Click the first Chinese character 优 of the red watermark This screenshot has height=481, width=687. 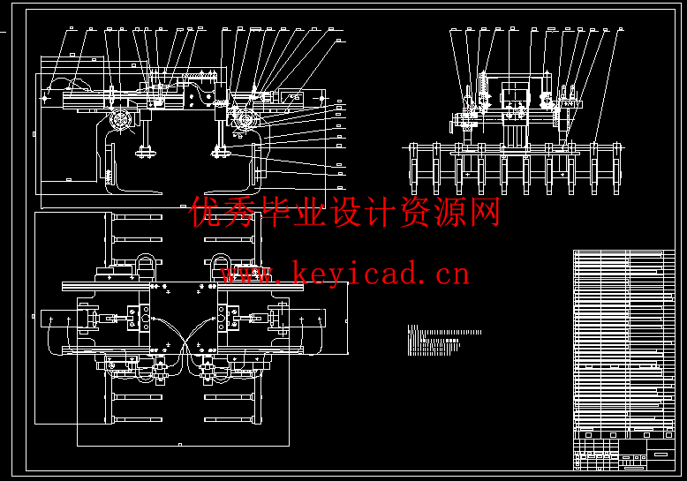click(207, 212)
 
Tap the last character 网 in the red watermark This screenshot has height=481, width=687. click(485, 212)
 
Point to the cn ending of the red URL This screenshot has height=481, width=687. click(449, 274)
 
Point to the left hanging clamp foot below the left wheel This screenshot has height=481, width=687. click(142, 156)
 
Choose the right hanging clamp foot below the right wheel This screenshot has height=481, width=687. click(216, 154)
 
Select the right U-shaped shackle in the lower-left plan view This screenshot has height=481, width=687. click(221, 265)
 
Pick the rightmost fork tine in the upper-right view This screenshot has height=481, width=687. click(618, 168)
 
